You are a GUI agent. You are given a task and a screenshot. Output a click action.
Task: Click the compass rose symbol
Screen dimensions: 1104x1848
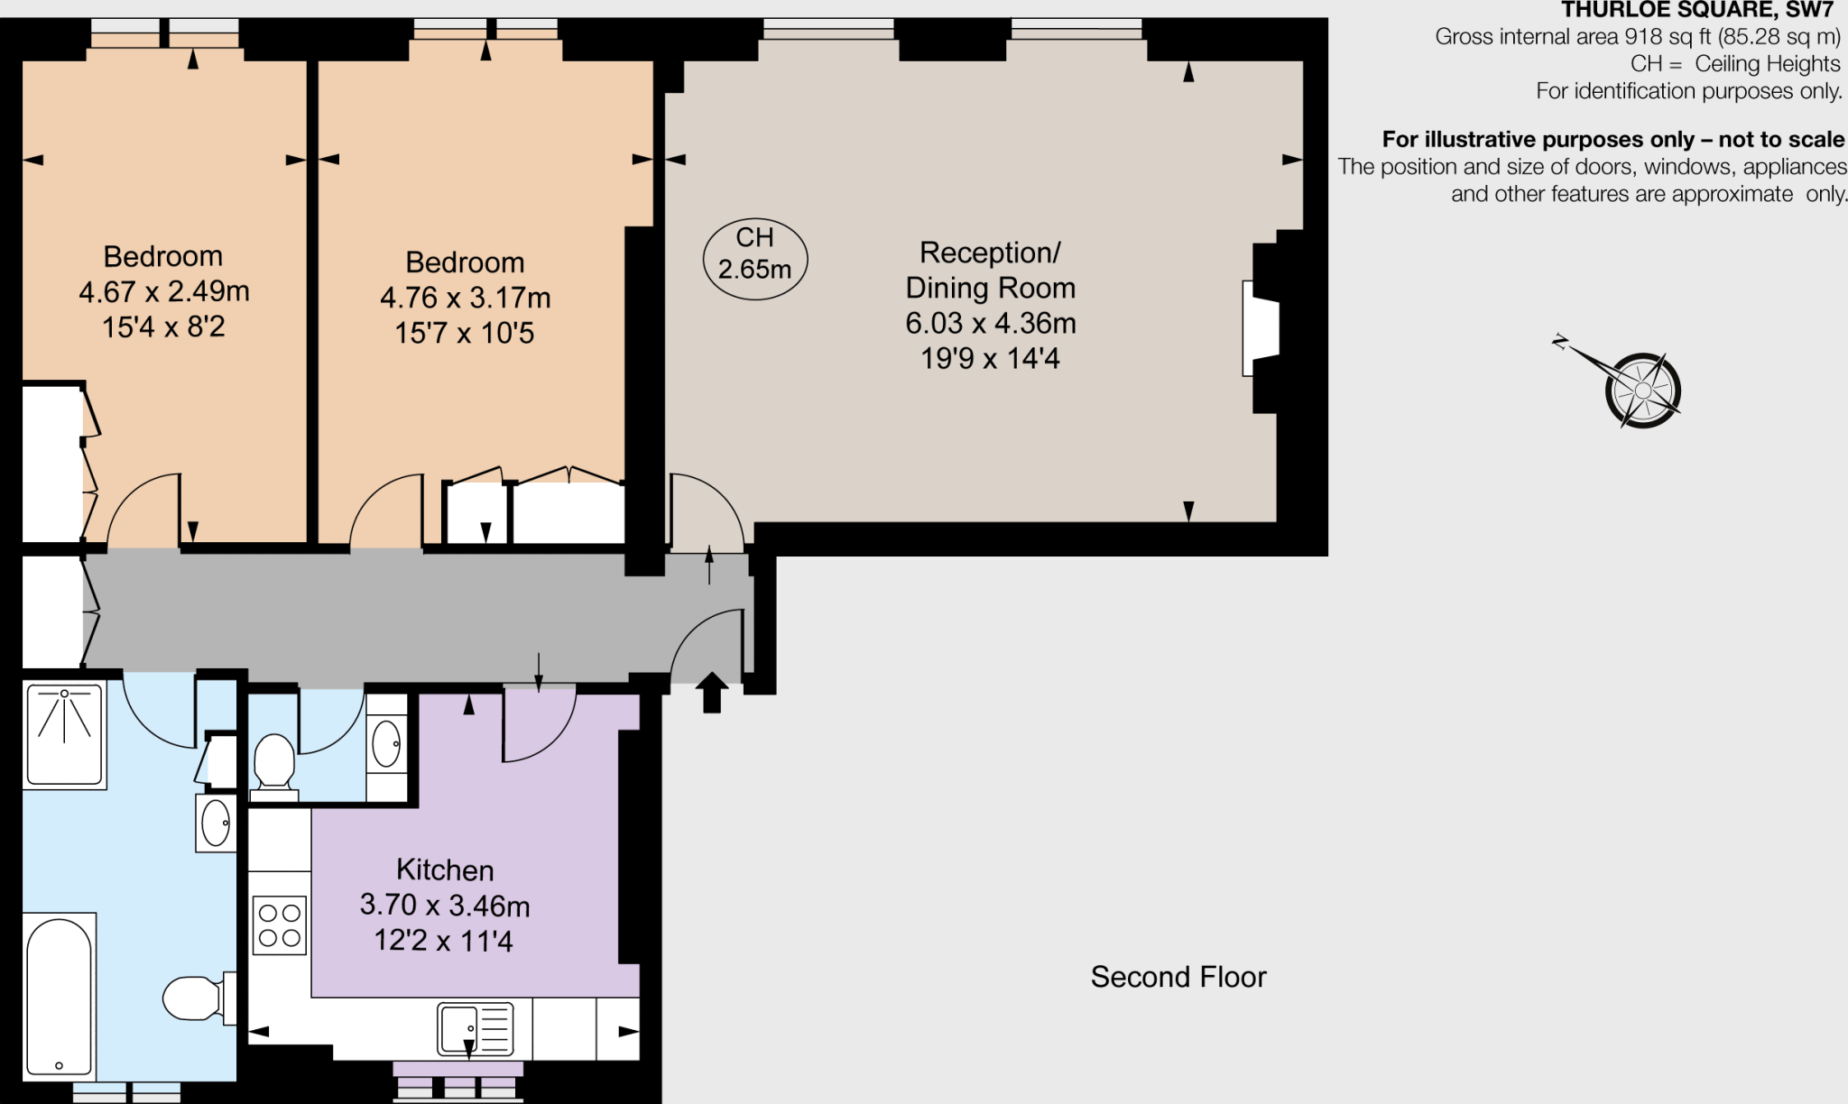point(1641,390)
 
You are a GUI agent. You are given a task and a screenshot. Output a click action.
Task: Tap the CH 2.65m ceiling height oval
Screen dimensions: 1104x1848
point(754,259)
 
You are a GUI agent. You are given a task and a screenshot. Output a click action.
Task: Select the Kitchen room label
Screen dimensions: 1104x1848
point(445,869)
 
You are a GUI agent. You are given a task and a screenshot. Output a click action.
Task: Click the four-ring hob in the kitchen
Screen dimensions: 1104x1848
point(280,925)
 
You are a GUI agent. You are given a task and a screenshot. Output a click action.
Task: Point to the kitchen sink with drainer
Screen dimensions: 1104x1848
point(476,1029)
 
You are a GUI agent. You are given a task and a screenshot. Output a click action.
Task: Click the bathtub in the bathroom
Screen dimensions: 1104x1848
point(60,997)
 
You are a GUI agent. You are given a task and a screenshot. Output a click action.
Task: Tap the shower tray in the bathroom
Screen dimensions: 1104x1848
point(65,734)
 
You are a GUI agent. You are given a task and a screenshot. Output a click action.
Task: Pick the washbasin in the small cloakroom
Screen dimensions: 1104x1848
point(386,744)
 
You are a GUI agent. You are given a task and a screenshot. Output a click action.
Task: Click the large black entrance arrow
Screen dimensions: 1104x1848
point(712,692)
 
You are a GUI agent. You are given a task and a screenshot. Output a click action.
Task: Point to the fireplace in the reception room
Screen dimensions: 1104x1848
point(1261,328)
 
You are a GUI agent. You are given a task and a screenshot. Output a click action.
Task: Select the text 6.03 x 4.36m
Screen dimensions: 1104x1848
point(990,323)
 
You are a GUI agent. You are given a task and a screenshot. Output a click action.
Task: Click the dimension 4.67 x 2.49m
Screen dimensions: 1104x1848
point(163,291)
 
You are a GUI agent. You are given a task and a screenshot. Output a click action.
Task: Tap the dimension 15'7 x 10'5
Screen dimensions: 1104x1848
point(464,333)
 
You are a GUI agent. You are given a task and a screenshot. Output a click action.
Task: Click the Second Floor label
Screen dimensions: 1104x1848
point(1178,977)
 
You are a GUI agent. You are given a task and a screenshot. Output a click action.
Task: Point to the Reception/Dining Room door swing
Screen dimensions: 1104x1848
point(706,512)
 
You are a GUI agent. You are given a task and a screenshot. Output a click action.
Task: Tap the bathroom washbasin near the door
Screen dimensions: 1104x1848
point(216,823)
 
